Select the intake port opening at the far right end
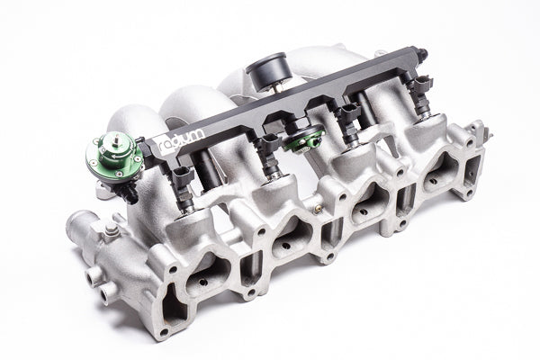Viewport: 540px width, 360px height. point(454,175)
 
